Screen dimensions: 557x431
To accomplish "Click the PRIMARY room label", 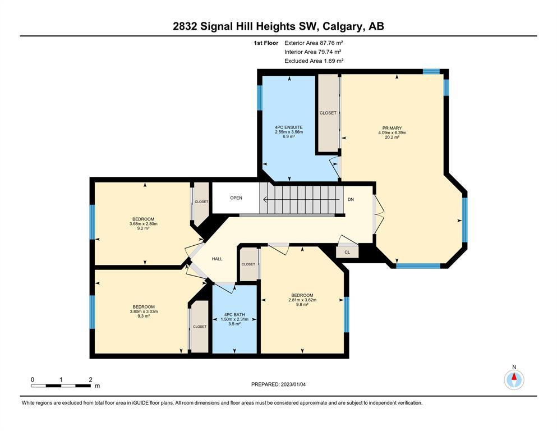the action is (x=392, y=128).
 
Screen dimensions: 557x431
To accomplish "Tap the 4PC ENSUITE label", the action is (x=289, y=127).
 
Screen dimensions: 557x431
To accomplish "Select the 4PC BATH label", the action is (x=234, y=314).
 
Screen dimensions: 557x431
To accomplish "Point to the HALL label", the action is (x=217, y=259).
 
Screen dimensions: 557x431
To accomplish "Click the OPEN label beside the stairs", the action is (x=236, y=198).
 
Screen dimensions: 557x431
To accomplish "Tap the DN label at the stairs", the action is (x=351, y=199).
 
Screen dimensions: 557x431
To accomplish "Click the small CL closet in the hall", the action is (x=347, y=252).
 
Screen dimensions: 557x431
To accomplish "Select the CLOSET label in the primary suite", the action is (x=328, y=113).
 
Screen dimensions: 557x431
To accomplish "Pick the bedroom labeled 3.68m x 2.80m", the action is (x=144, y=223).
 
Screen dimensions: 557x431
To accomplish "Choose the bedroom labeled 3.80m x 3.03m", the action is (x=144, y=311).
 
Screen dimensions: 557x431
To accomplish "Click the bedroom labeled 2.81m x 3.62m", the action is (x=302, y=300).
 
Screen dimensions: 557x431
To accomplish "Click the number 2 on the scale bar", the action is (x=90, y=379).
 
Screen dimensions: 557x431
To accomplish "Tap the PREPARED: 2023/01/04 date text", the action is (x=278, y=384).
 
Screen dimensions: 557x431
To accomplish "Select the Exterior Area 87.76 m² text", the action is (x=314, y=43).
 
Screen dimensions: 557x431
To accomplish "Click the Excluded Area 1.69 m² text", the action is (x=314, y=61).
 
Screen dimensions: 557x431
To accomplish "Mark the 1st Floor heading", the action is (x=266, y=43).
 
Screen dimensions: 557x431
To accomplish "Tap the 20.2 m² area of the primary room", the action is (x=392, y=137).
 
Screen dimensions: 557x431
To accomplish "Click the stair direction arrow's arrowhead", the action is (x=265, y=200).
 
